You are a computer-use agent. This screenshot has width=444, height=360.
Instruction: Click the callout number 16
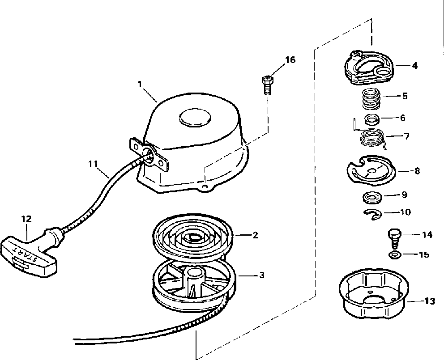click(290, 60)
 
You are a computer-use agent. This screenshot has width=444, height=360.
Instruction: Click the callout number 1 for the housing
click(140, 84)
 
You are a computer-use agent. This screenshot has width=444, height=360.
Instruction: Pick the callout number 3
click(262, 275)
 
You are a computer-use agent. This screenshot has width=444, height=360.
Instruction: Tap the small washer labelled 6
click(371, 119)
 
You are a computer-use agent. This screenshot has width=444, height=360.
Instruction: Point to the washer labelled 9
click(371, 196)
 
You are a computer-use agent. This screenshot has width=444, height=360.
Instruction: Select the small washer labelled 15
click(394, 255)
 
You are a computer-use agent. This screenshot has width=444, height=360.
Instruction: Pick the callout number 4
click(415, 66)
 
